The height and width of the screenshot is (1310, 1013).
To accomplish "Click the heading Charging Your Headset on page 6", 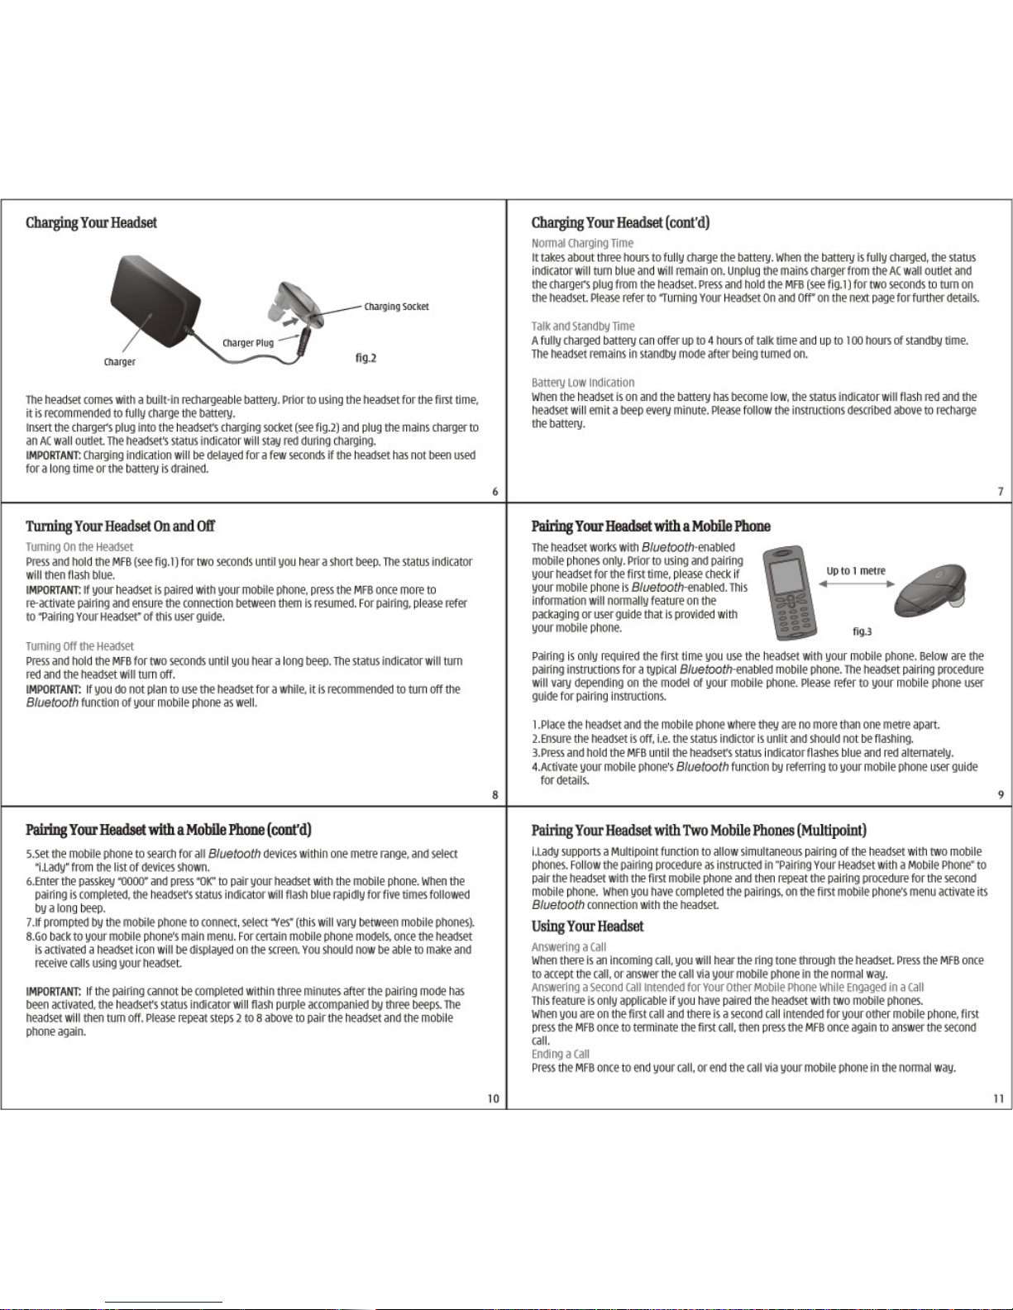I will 91,223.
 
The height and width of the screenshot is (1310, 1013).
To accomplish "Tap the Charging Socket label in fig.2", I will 396,307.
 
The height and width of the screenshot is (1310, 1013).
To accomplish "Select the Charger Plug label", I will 247,343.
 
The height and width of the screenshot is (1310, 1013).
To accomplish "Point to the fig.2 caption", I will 366,358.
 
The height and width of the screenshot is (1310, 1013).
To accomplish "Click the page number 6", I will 495,492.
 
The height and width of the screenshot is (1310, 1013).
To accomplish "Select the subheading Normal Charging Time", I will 582,243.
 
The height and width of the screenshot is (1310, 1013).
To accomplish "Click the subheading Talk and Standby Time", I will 583,326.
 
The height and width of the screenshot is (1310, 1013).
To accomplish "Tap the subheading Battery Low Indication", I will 583,383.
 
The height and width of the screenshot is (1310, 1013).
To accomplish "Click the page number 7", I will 1000,492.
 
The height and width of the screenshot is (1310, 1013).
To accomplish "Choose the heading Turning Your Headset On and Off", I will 120,526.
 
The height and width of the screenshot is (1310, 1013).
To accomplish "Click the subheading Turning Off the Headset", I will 79,646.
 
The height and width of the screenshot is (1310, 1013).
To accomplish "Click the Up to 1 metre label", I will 856,571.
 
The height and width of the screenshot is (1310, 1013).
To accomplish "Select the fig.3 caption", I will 862,631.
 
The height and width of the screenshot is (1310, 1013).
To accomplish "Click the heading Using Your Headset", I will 587,927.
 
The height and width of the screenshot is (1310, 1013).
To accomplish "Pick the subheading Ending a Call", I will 560,1054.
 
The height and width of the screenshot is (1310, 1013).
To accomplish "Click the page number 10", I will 493,1098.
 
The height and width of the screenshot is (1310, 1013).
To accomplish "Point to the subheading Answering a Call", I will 568,947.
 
